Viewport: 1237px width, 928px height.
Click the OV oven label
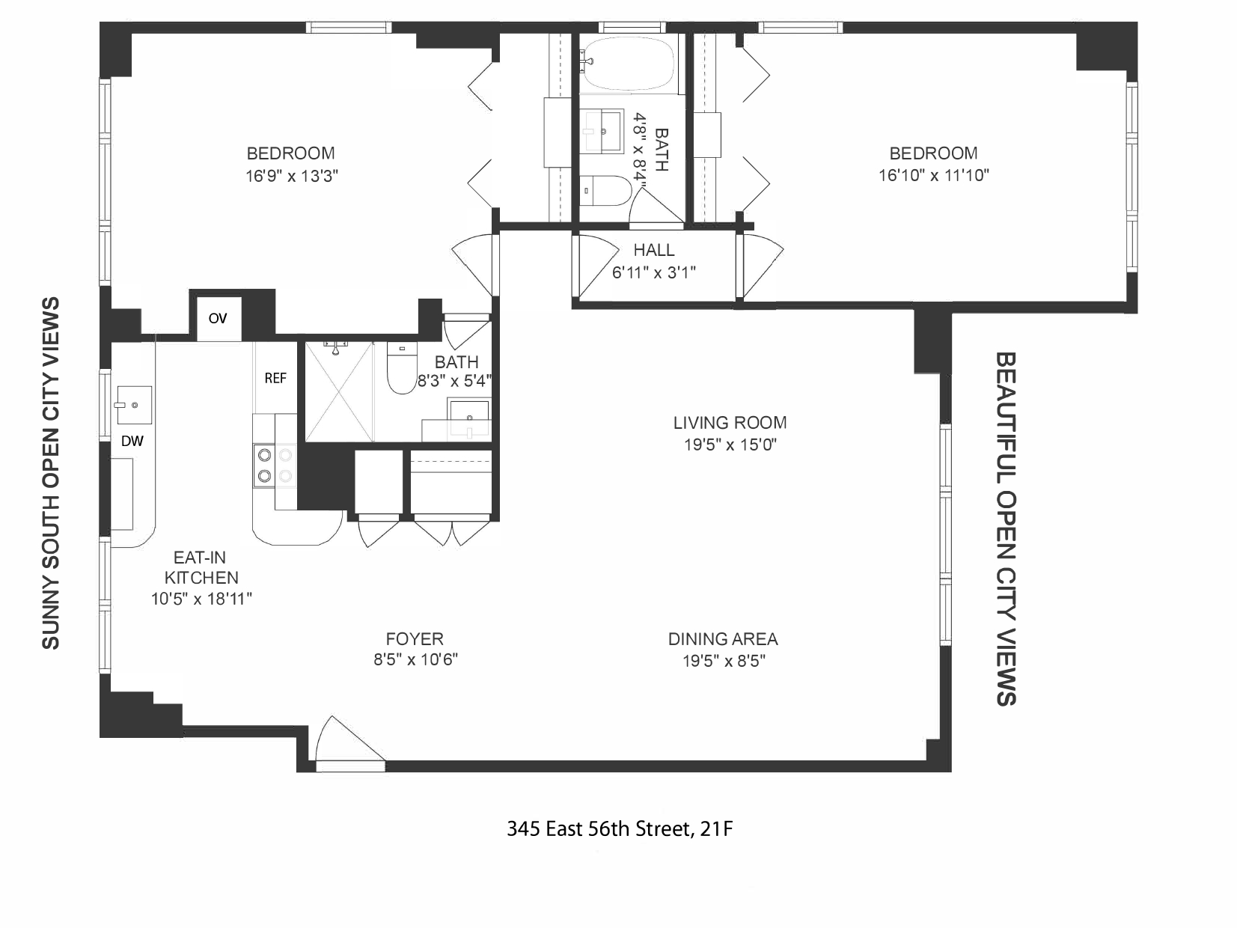[217, 319]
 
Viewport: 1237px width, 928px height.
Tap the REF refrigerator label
[275, 379]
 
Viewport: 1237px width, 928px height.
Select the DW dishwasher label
[132, 442]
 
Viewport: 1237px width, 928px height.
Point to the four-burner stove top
[274, 465]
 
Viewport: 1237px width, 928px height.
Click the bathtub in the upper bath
[628, 63]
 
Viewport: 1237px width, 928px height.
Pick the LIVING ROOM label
[730, 423]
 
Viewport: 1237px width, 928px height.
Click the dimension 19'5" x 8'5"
[723, 661]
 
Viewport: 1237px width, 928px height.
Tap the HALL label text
[653, 250]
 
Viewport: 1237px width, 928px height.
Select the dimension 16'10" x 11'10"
[933, 175]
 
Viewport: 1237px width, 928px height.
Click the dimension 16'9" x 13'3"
[291, 176]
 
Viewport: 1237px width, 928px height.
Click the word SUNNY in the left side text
[50, 609]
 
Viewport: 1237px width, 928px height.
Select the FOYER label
[415, 639]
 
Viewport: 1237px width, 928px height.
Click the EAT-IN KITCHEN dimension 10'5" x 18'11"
[201, 599]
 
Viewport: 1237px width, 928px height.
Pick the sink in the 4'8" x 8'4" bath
[602, 130]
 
